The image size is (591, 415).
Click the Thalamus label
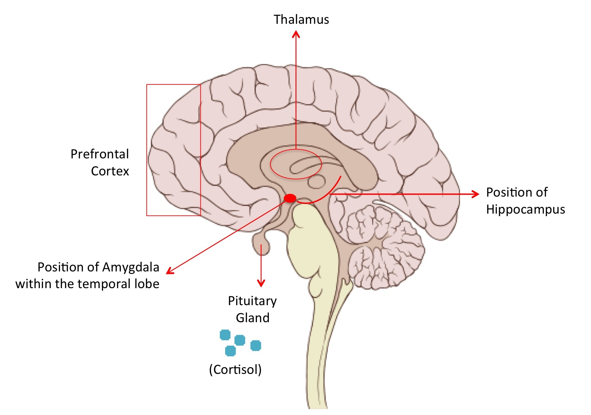tap(301, 20)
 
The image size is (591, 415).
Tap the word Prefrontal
tap(100, 154)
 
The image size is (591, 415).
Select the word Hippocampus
tap(525, 209)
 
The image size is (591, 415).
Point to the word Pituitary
tap(252, 301)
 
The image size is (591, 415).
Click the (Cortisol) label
tap(235, 369)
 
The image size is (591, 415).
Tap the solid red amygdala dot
tap(290, 198)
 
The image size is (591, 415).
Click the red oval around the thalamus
tap(271, 165)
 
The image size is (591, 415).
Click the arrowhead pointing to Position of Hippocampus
tap(476, 194)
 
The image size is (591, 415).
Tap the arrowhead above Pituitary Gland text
tap(261, 283)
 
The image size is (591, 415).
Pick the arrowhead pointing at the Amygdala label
tap(169, 272)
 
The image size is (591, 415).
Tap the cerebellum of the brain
tap(385, 247)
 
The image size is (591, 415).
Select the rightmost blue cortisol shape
tap(256, 346)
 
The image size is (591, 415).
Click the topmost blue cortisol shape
tap(225, 335)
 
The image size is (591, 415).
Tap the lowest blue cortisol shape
tap(230, 351)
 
